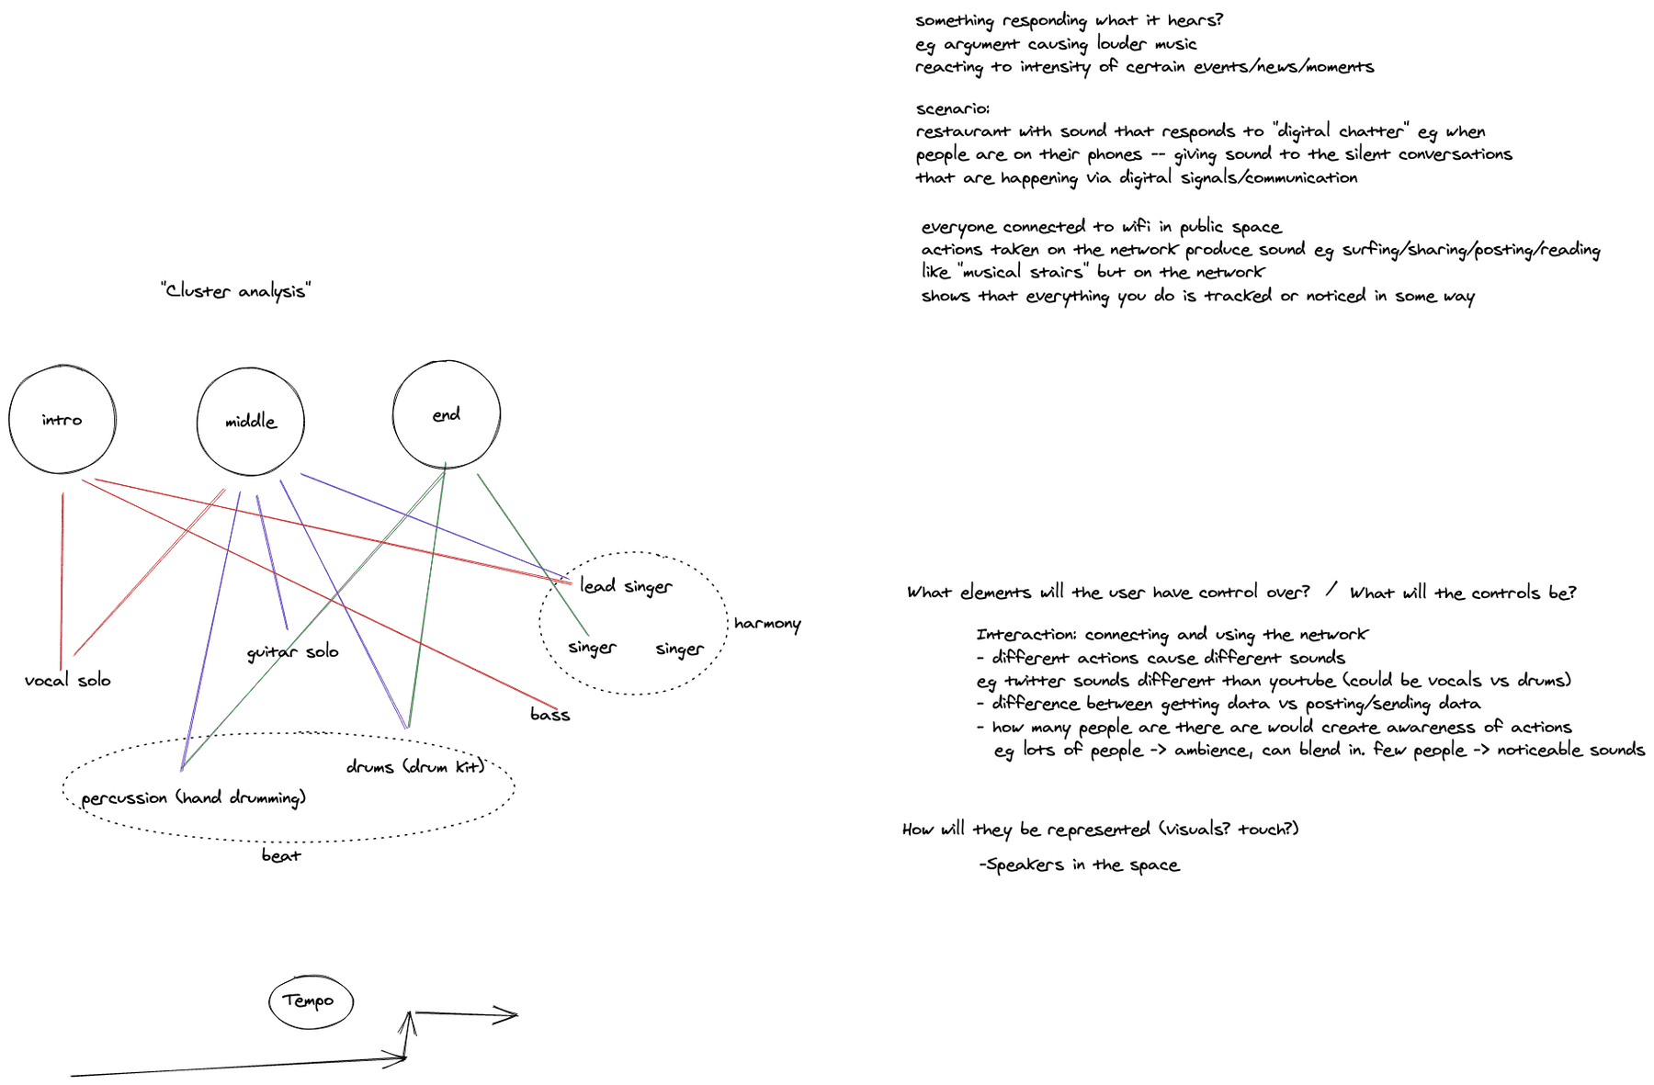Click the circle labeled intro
tap(10, 421)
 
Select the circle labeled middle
tap(198, 423)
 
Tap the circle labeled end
tap(394, 415)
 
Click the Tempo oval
tap(270, 1001)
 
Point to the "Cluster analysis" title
tap(236, 291)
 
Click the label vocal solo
tap(68, 681)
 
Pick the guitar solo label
tap(293, 652)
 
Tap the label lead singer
tap(626, 587)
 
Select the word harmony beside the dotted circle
tap(767, 624)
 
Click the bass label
tap(550, 715)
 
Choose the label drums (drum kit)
tap(415, 766)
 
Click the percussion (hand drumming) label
tap(194, 797)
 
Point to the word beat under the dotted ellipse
tap(281, 855)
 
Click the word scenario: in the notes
tap(953, 108)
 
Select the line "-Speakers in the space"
tap(1079, 865)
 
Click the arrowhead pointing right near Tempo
tap(507, 1014)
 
